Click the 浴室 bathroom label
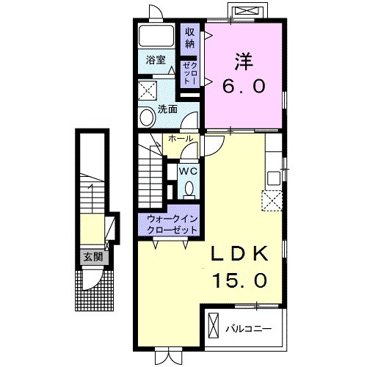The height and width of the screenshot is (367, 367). tap(156, 59)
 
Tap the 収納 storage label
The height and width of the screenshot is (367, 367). tap(190, 38)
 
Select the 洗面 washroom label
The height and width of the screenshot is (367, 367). tap(167, 109)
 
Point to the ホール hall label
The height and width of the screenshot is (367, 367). tap(181, 139)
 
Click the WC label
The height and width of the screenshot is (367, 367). tap(189, 172)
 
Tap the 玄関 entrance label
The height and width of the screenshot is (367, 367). tap(93, 257)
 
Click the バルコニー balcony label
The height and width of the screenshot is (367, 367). tap(248, 329)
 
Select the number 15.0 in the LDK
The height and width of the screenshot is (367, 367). tap(240, 280)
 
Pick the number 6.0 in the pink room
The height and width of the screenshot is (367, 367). tap(244, 86)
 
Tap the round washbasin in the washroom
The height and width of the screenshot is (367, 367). tap(148, 117)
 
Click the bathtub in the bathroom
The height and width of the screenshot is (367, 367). tap(156, 35)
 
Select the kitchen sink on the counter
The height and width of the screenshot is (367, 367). tap(274, 178)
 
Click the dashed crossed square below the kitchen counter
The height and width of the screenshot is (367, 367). tap(272, 200)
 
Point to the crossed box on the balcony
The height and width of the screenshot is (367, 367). tap(213, 326)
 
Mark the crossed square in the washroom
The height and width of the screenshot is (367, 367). tap(148, 90)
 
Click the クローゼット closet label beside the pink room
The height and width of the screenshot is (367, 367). tap(190, 73)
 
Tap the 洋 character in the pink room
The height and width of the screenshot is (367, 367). tap(244, 61)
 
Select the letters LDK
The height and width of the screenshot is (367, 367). tap(240, 254)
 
